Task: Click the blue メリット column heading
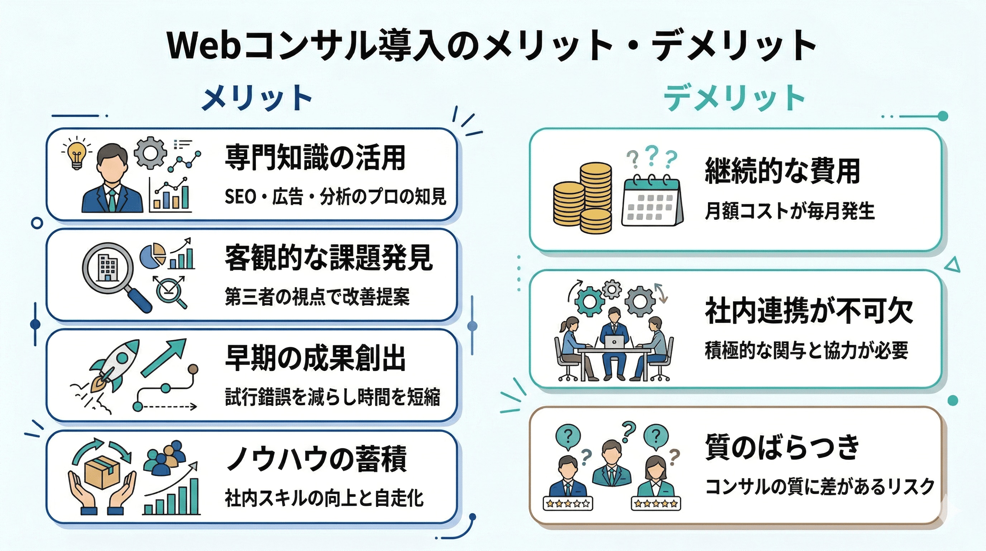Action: click(257, 98)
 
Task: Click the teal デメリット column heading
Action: click(734, 98)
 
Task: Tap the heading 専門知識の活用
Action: click(315, 157)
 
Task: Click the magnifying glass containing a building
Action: click(108, 268)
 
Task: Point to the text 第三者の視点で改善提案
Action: click(317, 297)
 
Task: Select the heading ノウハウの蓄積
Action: click(316, 459)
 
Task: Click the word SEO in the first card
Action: click(240, 197)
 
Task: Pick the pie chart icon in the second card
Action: click(153, 255)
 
